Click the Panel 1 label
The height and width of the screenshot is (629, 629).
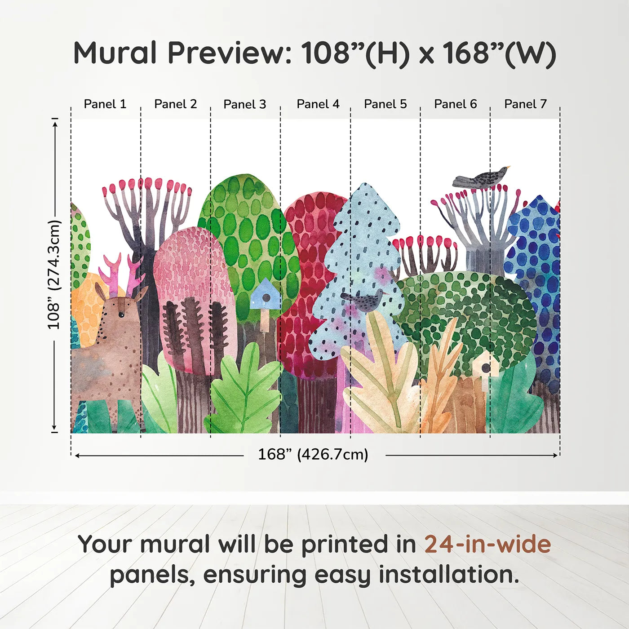pyautogui.click(x=105, y=104)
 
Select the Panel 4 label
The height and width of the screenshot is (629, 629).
pyautogui.click(x=318, y=104)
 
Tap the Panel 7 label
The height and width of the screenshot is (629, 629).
pyautogui.click(x=525, y=104)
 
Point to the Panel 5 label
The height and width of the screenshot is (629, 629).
pyautogui.click(x=385, y=104)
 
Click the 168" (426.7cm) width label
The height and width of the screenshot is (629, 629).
pyautogui.click(x=313, y=455)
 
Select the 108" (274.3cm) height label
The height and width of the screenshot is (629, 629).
pyautogui.click(x=54, y=275)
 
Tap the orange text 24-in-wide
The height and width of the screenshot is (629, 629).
pyautogui.click(x=487, y=544)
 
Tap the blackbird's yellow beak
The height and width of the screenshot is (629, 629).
pyautogui.click(x=508, y=168)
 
